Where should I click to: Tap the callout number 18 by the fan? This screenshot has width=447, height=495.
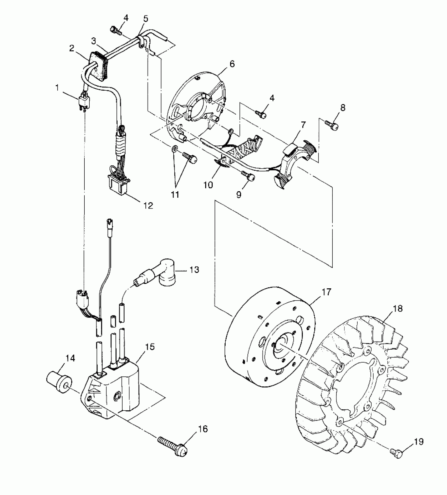[398, 308]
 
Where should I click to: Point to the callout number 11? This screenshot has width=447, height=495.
[175, 195]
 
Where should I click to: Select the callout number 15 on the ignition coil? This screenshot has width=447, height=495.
[150, 347]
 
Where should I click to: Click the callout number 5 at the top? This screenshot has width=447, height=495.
[146, 19]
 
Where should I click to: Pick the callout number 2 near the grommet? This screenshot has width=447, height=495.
[72, 48]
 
